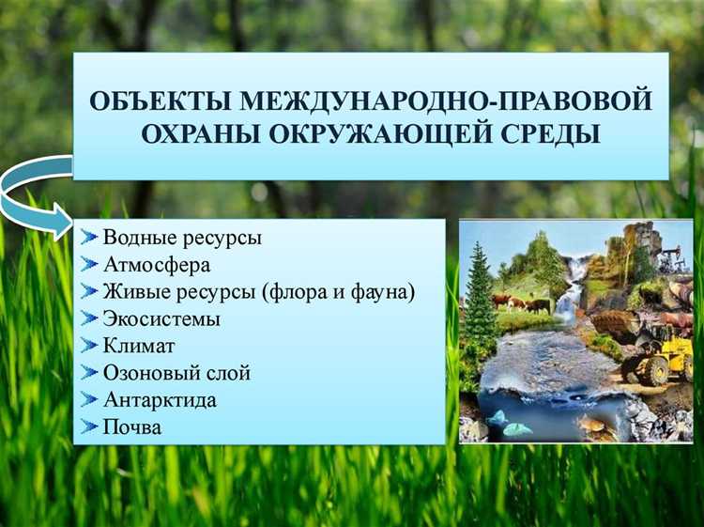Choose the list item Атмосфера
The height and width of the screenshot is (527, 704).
point(157,265)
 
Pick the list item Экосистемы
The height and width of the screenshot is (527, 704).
point(161,319)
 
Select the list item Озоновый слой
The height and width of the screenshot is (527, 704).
point(176,373)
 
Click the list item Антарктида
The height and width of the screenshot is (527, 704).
point(160,400)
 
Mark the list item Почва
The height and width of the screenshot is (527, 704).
point(131,427)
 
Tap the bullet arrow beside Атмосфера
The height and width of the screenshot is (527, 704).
point(89,265)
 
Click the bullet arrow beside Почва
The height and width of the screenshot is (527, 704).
point(89,427)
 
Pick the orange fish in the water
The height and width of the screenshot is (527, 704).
point(591,424)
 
